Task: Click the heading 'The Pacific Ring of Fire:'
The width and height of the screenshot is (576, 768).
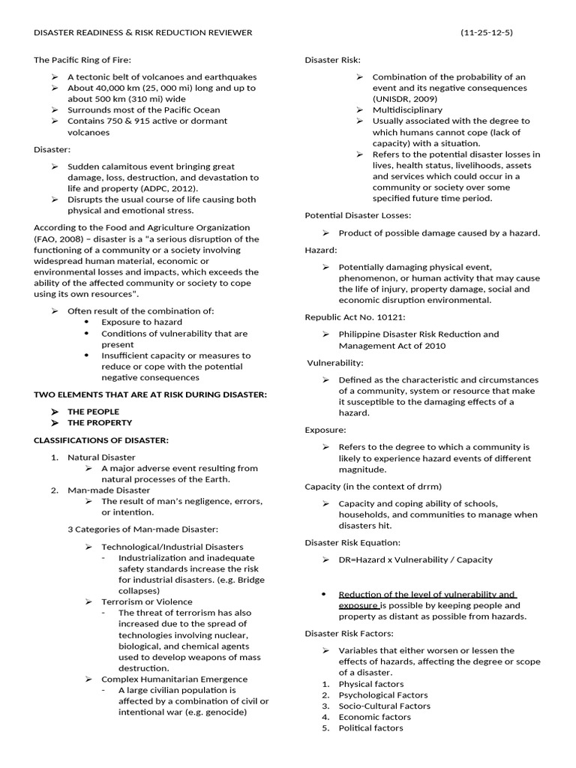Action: click(87, 59)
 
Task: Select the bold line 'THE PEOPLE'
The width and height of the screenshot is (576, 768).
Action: click(93, 412)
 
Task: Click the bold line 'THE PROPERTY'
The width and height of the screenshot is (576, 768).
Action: click(99, 423)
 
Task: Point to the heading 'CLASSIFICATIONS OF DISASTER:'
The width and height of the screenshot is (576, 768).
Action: click(101, 439)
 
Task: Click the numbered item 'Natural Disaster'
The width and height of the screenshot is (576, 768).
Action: click(101, 457)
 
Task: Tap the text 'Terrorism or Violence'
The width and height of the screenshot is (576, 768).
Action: click(147, 601)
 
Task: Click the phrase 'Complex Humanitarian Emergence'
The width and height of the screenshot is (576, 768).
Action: click(174, 679)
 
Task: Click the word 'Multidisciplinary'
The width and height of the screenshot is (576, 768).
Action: click(407, 110)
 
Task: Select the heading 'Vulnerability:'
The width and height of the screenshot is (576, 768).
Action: click(334, 363)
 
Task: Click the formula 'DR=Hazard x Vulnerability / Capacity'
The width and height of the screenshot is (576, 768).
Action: click(415, 559)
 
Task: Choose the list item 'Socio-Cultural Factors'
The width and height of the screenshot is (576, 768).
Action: click(385, 706)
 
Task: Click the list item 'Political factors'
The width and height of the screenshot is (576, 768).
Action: click(370, 727)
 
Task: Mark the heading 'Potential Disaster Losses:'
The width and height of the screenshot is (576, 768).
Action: click(358, 215)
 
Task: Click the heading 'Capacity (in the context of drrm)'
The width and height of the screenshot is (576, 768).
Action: click(373, 487)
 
